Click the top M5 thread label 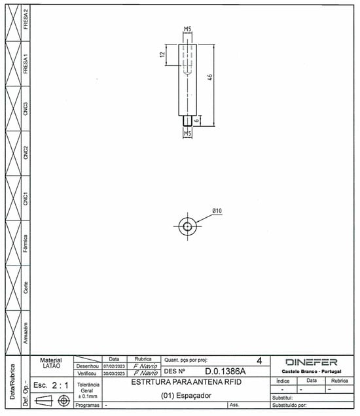187,29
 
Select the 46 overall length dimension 210,77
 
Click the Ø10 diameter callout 217,211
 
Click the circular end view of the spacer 188,226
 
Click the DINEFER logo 311,362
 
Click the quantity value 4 259,360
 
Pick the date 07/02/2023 113,366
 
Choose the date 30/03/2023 113,373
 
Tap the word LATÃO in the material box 52,366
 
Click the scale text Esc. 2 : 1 51,385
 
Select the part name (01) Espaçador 187,396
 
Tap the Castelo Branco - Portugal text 311,372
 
